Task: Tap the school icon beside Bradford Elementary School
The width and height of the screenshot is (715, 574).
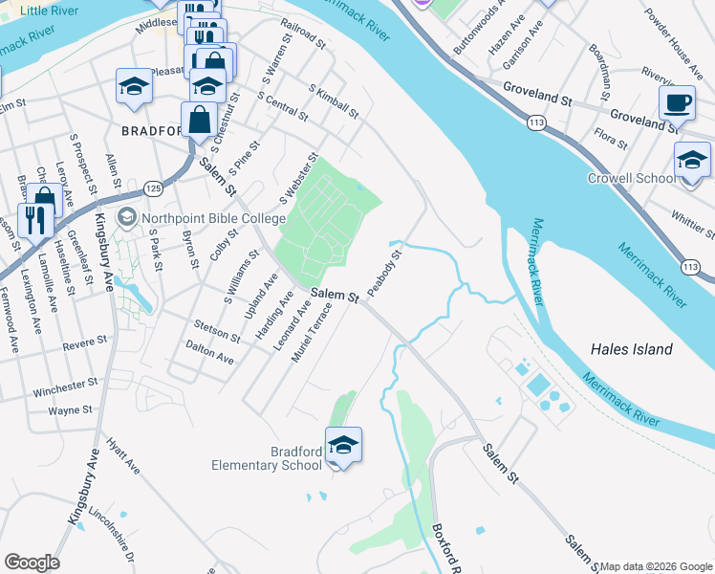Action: [x=344, y=445]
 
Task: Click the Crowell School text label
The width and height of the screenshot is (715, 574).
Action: [x=631, y=178]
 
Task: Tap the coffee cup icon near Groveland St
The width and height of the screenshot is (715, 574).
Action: [x=677, y=102]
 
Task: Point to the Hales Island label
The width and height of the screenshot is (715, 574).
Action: [x=631, y=349]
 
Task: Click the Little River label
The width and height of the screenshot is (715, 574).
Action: [x=49, y=10]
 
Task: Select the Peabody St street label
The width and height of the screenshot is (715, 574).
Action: [x=388, y=271]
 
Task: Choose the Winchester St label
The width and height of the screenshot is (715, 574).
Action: [x=66, y=390]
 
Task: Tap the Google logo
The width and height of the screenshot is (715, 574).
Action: [x=32, y=563]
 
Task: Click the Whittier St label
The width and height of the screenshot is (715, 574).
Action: [x=693, y=222]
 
